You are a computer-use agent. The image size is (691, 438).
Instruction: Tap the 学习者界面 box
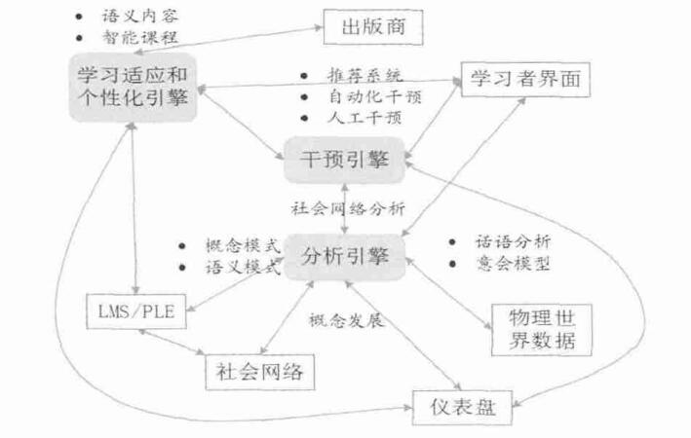point(523,79)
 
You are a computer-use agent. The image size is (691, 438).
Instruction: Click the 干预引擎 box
point(342,160)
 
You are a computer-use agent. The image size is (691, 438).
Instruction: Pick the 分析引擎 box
point(342,257)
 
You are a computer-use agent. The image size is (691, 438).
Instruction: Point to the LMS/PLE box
point(135,310)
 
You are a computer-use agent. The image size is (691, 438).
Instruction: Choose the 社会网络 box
point(260,371)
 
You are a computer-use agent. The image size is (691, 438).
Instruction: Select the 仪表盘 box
point(461,407)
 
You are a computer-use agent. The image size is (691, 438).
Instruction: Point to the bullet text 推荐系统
point(364,76)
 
